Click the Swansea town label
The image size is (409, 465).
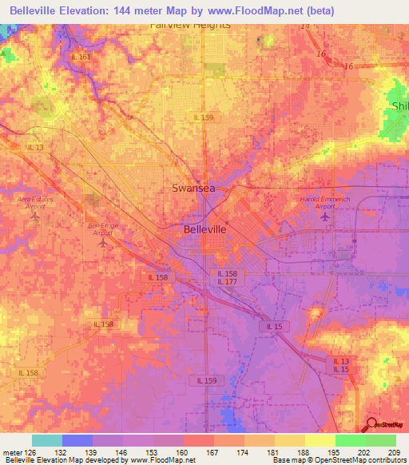click(194, 189)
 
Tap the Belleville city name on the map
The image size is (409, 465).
click(205, 229)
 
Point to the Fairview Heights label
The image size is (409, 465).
click(190, 25)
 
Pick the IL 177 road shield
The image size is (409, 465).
click(226, 281)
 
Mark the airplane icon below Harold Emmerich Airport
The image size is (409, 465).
click(324, 216)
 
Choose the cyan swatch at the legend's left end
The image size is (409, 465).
click(47, 440)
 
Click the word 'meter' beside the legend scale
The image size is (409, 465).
click(12, 452)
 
